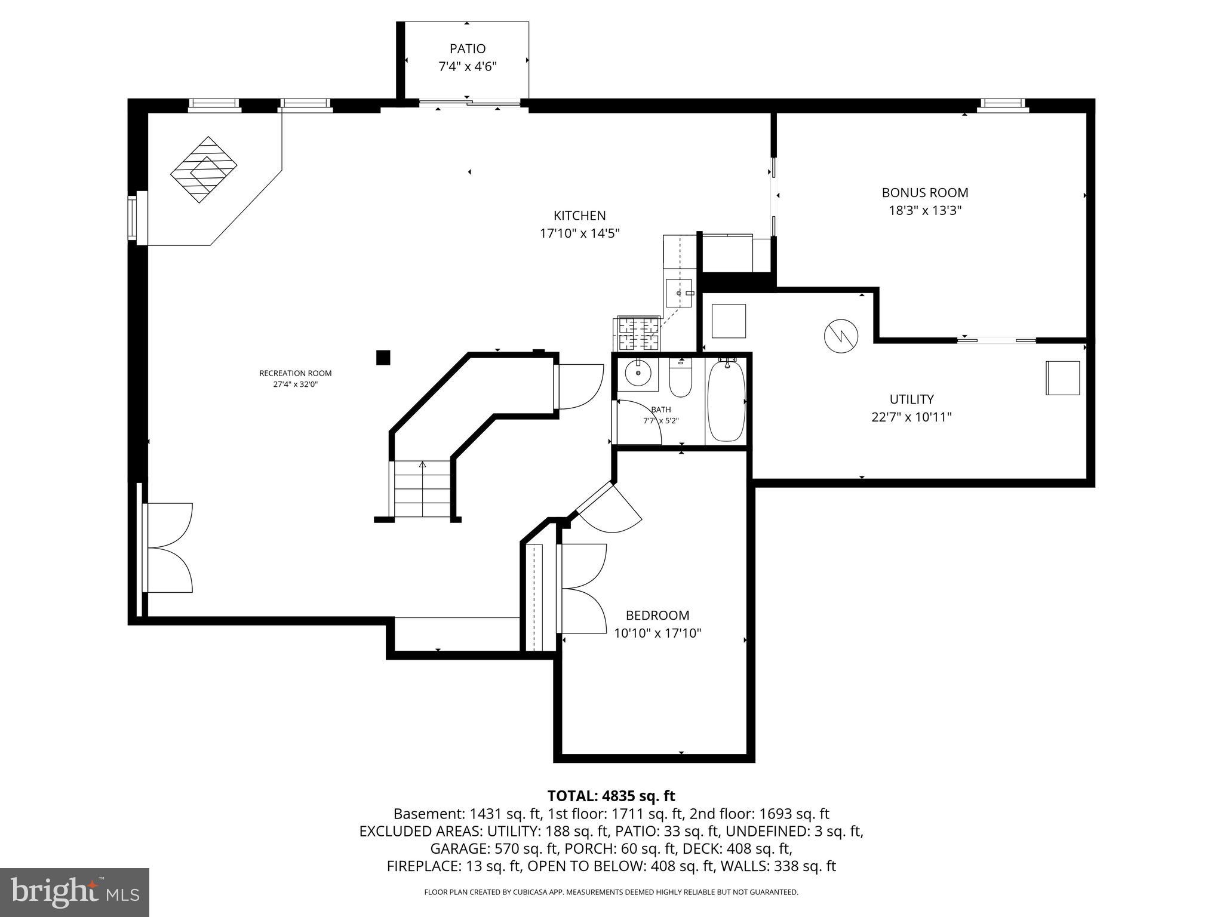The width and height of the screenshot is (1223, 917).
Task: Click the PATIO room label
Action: (x=468, y=49)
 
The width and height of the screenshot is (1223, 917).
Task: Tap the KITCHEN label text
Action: (x=579, y=216)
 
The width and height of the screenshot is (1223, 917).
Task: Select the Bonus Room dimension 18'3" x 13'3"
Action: (x=925, y=211)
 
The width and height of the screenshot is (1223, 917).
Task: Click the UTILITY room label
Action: (x=911, y=399)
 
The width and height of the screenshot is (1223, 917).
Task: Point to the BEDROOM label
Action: (x=657, y=616)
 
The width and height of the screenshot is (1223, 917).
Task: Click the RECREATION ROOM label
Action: (x=295, y=373)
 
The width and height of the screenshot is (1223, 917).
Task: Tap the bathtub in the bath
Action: (x=726, y=399)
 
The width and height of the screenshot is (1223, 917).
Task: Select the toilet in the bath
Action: (x=680, y=380)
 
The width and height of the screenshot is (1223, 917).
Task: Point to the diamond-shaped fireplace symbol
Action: (x=204, y=170)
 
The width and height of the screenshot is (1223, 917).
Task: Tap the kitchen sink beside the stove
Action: (x=678, y=293)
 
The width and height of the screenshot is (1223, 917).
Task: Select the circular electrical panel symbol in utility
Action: (x=841, y=336)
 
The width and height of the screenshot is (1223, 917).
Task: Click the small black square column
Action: (x=383, y=358)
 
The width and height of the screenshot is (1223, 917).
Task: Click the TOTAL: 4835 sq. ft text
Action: (x=611, y=796)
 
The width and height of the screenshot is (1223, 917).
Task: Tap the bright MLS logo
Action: (x=75, y=892)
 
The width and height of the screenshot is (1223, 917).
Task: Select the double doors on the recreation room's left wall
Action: (x=168, y=548)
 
